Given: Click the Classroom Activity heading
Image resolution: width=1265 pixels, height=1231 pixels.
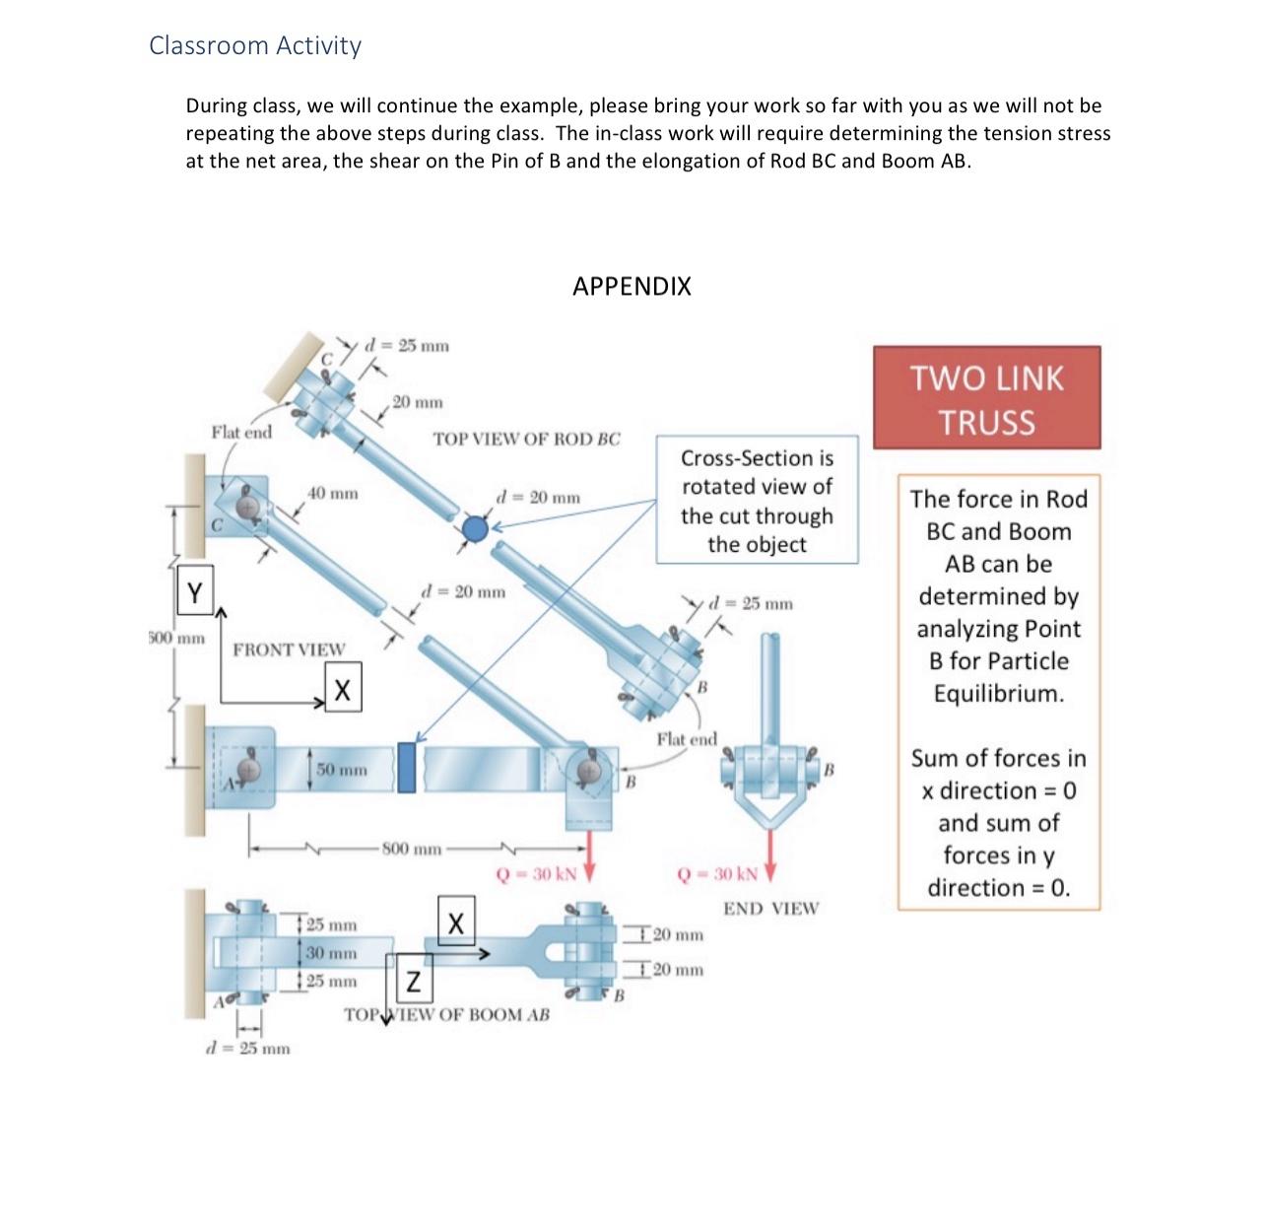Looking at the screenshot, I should pyautogui.click(x=255, y=45).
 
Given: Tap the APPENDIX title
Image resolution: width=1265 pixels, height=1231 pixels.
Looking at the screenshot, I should pyautogui.click(x=632, y=287).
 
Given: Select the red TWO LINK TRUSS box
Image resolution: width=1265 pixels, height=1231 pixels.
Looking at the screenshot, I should pyautogui.click(x=986, y=398).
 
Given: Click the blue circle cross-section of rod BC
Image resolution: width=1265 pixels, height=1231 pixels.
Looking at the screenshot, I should pyautogui.click(x=476, y=529).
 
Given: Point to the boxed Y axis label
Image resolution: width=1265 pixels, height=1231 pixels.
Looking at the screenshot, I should pyautogui.click(x=195, y=593).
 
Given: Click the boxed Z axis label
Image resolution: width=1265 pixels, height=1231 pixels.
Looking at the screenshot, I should pyautogui.click(x=415, y=982).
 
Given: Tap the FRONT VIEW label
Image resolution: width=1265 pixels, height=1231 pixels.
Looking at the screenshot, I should pyautogui.click(x=289, y=650).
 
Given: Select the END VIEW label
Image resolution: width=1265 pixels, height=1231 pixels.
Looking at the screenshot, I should pyautogui.click(x=770, y=909).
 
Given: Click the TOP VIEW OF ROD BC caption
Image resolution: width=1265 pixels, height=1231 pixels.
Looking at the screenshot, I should pyautogui.click(x=527, y=439).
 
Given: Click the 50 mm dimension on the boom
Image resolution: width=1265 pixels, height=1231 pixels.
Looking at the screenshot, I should pyautogui.click(x=341, y=769).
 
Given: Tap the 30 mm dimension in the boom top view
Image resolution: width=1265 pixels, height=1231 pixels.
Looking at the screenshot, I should pyautogui.click(x=330, y=953).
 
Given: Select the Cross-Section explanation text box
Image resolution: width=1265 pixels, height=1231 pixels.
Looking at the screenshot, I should pyautogui.click(x=757, y=501).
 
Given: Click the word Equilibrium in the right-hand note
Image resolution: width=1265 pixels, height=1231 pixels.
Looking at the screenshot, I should pyautogui.click(x=999, y=693).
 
